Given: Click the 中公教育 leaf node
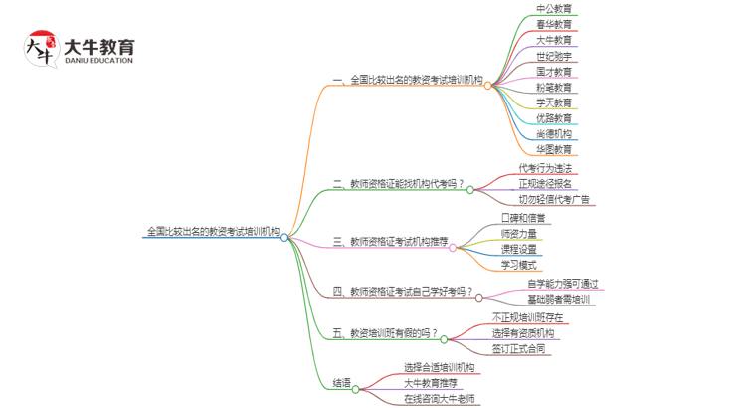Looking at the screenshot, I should [x=554, y=9].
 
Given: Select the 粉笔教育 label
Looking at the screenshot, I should [x=554, y=88].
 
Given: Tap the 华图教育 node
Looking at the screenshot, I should [x=554, y=150].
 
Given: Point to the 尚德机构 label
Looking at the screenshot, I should [x=554, y=134].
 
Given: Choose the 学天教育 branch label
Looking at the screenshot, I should [x=554, y=102].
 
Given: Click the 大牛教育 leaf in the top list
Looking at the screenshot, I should [x=554, y=41].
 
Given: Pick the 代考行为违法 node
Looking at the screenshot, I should [x=545, y=168].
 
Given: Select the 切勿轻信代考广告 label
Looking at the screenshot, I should [x=554, y=199].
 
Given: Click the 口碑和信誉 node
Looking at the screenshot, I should [x=524, y=217].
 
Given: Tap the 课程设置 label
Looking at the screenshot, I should [x=519, y=249].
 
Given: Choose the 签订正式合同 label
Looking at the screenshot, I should [x=519, y=349].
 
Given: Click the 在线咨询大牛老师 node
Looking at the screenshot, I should [x=440, y=399].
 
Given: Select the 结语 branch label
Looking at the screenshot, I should [x=341, y=383].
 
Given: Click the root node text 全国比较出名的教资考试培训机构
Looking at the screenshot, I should [x=213, y=232].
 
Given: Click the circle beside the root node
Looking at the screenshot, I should [x=284, y=238].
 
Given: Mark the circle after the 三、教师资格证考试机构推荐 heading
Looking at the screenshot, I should [x=455, y=241].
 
